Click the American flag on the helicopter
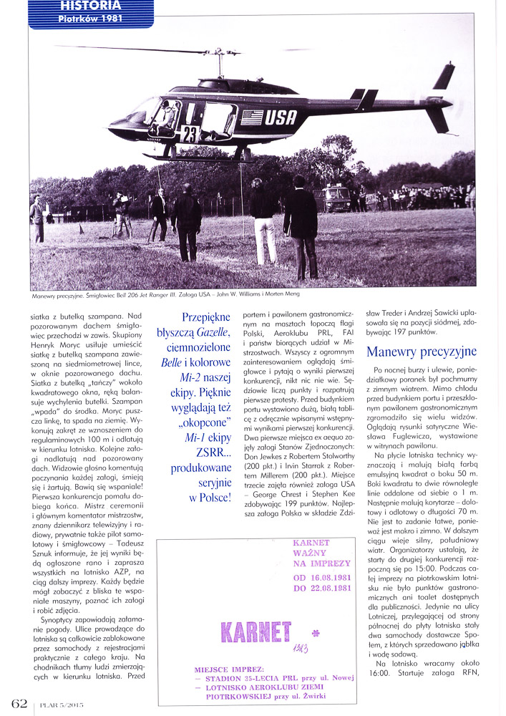point(251,117)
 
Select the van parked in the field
point(337,198)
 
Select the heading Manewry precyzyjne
point(421,352)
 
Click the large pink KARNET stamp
point(256,631)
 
